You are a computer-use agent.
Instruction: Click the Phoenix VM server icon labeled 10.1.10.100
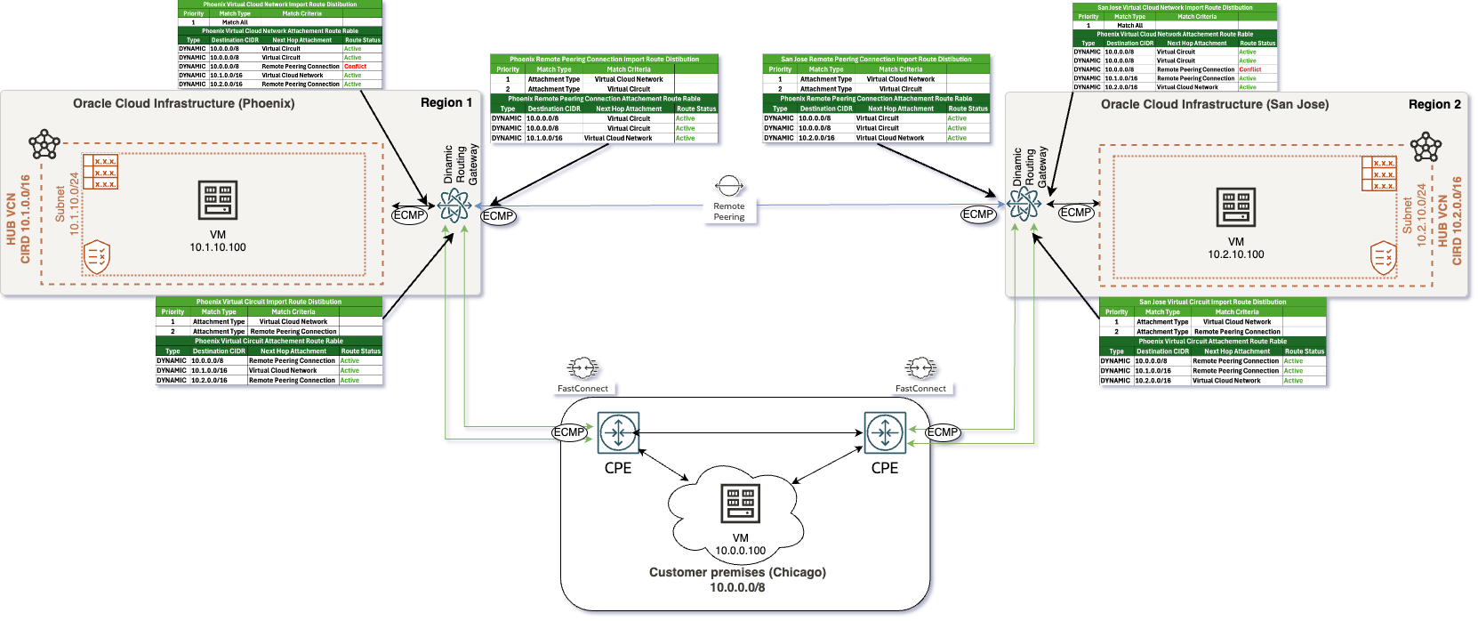[218, 200]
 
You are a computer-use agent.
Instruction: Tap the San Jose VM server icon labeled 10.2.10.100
[1235, 207]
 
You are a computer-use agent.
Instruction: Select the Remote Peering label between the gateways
[728, 211]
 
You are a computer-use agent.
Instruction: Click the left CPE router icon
[618, 433]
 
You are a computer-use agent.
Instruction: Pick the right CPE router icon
[885, 433]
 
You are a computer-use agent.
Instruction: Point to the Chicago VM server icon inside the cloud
[740, 504]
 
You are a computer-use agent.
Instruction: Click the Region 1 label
[446, 103]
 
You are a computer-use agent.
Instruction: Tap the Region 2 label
[1434, 104]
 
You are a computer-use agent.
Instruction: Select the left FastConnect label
[582, 388]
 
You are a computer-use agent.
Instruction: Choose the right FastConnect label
[920, 388]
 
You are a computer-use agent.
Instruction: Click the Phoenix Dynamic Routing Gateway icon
[454, 206]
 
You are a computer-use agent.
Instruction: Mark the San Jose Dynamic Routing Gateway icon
[1024, 204]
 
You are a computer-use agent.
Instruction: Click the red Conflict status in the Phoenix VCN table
[355, 67]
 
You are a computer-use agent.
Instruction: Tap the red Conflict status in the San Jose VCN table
[1249, 69]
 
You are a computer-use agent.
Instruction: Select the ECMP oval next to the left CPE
[569, 432]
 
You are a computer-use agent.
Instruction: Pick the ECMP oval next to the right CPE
[943, 432]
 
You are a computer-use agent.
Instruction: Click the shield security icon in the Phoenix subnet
[96, 257]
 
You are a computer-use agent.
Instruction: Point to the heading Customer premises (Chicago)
[737, 572]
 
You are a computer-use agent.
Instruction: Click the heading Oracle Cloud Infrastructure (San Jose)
[1214, 104]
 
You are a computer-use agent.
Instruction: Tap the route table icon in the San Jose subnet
[1378, 173]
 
